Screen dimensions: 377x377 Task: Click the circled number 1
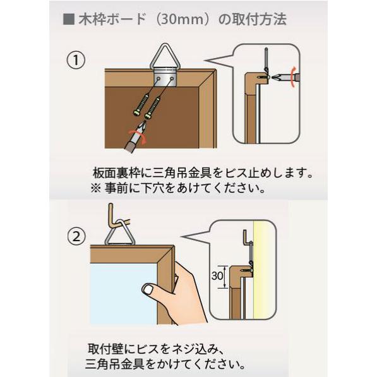[76, 60]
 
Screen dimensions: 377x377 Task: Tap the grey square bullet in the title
[69, 19]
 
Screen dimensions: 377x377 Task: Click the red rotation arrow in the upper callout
[292, 77]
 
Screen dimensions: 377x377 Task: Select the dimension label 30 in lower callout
[217, 275]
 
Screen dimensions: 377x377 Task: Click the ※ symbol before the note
[96, 188]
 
